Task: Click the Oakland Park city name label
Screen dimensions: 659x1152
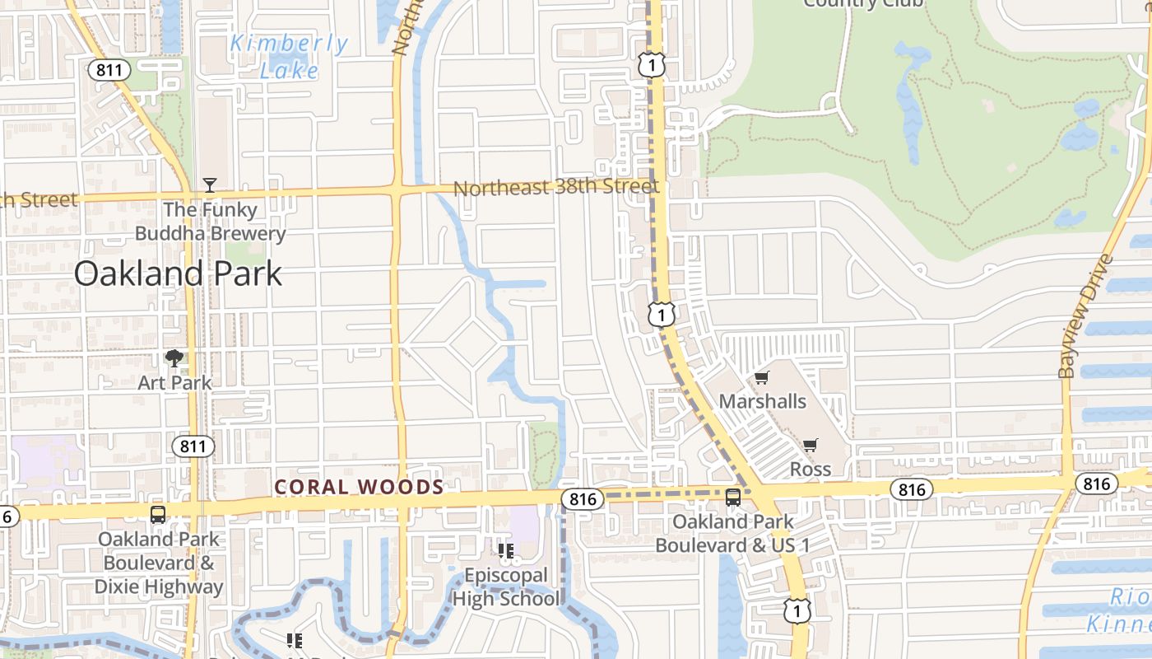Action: (x=178, y=273)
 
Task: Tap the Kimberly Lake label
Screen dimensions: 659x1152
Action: (x=289, y=57)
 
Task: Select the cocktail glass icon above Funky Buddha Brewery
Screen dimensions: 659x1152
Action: (x=210, y=185)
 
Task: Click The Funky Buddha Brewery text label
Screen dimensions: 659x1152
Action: (x=210, y=222)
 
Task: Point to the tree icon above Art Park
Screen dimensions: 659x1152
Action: (x=174, y=358)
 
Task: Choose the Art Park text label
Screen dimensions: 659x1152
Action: (x=174, y=382)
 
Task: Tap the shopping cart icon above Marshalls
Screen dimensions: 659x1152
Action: (x=762, y=378)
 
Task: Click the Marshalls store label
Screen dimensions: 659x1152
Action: (x=763, y=401)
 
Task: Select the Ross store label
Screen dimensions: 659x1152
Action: (x=811, y=469)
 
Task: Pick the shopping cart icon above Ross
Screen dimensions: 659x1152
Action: (x=811, y=446)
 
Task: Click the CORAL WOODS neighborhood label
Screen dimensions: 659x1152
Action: (x=359, y=487)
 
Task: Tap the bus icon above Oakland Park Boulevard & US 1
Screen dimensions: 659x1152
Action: (x=733, y=498)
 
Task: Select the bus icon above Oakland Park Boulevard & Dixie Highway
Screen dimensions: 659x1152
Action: (x=158, y=515)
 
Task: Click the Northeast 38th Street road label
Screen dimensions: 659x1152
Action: (x=556, y=187)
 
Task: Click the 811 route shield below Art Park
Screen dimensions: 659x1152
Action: (x=193, y=446)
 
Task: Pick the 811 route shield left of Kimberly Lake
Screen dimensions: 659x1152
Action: (x=109, y=69)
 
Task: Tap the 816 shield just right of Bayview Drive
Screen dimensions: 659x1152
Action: (x=1097, y=484)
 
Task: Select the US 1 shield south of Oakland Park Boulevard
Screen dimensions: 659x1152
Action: (x=797, y=610)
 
